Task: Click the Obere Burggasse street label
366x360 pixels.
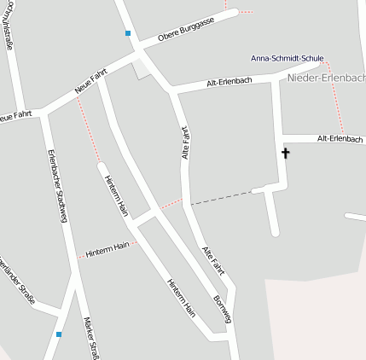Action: click(197, 28)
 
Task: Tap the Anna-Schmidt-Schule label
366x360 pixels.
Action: click(285, 58)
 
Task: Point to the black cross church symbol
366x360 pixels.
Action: click(285, 154)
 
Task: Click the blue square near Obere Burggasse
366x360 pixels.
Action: click(128, 34)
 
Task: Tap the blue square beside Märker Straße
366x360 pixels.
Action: click(58, 334)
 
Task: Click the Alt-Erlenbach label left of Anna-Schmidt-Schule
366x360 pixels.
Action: click(229, 83)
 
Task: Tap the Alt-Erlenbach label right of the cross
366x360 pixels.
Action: click(340, 138)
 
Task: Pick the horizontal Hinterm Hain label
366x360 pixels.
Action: click(108, 247)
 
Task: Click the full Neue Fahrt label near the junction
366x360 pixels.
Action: click(90, 82)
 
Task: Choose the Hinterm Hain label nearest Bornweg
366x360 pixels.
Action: click(182, 298)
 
